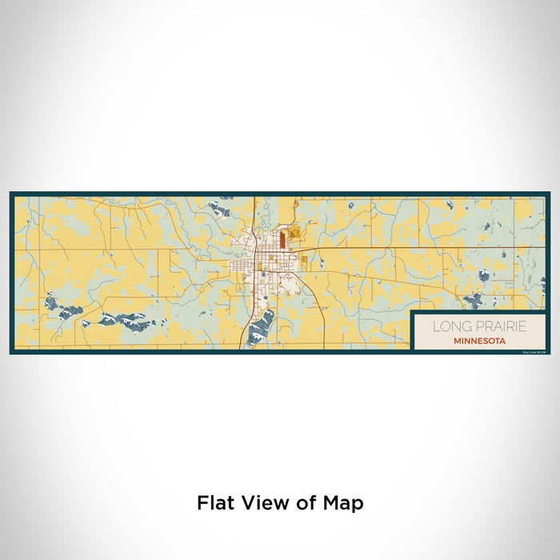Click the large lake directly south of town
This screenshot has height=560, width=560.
tap(262, 326)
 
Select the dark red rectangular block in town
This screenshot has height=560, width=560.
tap(282, 239)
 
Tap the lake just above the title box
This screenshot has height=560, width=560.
tap(473, 301)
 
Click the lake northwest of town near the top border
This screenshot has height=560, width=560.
tap(218, 210)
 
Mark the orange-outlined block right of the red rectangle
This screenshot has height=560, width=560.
tap(293, 234)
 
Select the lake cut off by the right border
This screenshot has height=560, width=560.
tap(543, 284)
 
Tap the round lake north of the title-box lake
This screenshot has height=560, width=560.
tap(484, 275)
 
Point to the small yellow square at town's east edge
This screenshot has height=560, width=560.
tap(304, 258)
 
